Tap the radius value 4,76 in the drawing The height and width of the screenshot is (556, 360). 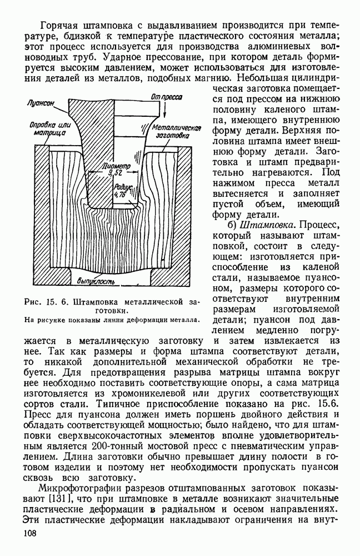click(118, 195)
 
